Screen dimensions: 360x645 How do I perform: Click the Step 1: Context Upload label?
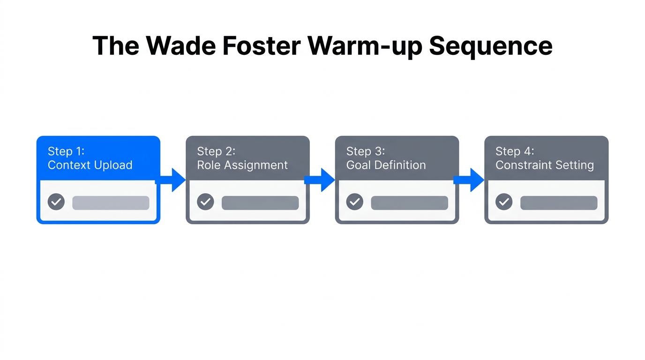pos(90,158)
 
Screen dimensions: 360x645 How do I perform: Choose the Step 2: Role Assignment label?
pos(242,158)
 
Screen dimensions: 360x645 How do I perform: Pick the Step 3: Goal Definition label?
pos(386,158)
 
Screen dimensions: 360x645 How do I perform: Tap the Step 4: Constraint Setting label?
pos(544,158)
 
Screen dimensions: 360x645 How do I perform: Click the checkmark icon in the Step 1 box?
pos(56,202)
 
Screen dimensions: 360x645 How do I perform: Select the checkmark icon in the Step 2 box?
pos(205,202)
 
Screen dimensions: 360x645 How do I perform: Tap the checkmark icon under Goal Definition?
pos(355,202)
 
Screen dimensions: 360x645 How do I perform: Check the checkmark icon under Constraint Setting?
pos(504,202)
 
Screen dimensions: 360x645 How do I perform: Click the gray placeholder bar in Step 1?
pos(111,203)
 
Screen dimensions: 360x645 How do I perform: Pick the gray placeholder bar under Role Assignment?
pos(260,203)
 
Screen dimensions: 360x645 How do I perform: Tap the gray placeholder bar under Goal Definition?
pos(409,203)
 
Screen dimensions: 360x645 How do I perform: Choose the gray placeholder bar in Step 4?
pos(559,203)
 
